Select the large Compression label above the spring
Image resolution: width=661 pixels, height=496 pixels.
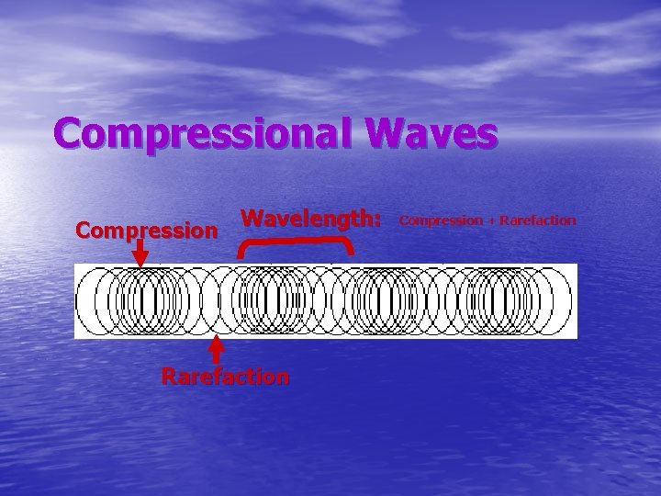[147, 229]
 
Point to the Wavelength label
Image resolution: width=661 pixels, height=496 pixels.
[307, 219]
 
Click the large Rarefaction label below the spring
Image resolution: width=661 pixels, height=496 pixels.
[225, 376]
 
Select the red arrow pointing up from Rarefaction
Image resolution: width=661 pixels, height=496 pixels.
[218, 349]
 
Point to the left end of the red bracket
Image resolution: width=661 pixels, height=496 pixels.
[241, 251]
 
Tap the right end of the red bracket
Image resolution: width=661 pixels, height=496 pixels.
[351, 249]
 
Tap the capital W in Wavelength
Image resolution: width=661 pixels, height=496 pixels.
[252, 219]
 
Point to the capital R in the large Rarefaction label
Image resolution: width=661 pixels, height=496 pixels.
[169, 376]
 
